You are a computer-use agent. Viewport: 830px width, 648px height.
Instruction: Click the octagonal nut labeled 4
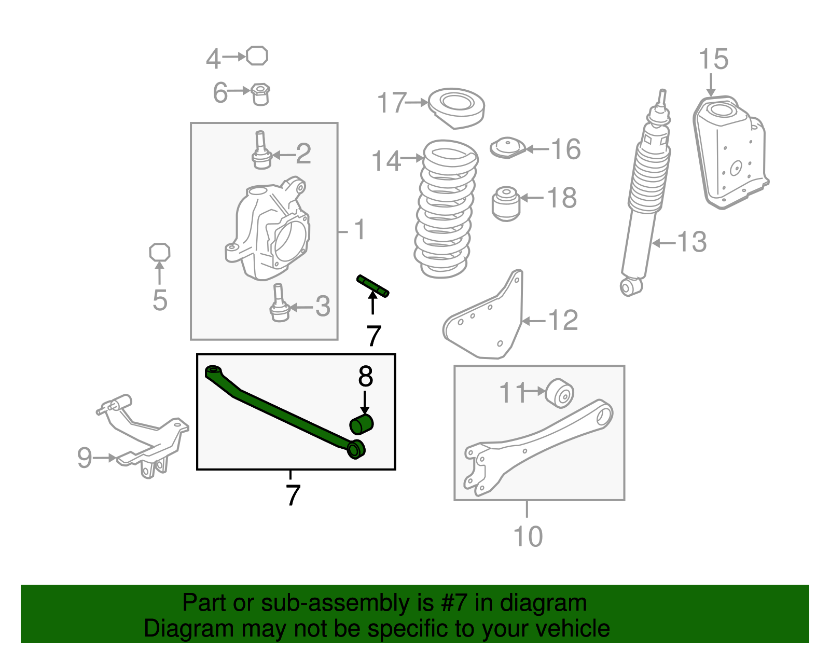(x=257, y=56)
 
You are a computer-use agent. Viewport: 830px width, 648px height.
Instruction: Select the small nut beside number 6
(x=260, y=94)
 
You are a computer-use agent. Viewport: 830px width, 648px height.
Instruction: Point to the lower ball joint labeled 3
(x=279, y=303)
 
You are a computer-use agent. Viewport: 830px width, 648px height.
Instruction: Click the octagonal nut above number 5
(x=159, y=252)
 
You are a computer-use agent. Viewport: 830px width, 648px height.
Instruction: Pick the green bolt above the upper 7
(x=372, y=286)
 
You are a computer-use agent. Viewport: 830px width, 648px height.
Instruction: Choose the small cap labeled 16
(x=508, y=148)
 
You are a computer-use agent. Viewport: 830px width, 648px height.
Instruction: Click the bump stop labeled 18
(x=506, y=203)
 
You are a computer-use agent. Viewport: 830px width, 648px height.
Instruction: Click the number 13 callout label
(x=692, y=242)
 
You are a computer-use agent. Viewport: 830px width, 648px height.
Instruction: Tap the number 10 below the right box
(x=528, y=536)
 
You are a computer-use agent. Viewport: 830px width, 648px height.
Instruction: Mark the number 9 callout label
(x=85, y=458)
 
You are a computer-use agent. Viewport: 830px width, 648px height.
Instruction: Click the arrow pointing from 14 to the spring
(x=412, y=157)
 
